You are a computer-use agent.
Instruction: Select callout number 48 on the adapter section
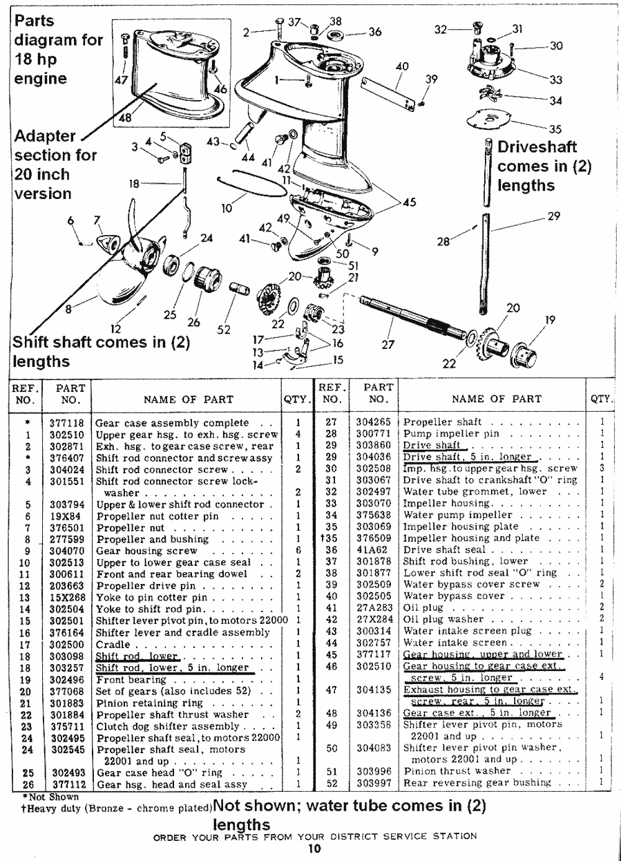tap(125, 118)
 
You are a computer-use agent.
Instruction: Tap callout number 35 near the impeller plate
tap(555, 129)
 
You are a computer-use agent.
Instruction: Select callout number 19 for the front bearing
tap(550, 320)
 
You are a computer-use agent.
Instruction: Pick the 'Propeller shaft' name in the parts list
tap(442, 422)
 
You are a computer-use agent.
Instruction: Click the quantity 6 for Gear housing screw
tap(297, 551)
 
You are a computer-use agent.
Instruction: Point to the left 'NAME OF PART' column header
tap(188, 399)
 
